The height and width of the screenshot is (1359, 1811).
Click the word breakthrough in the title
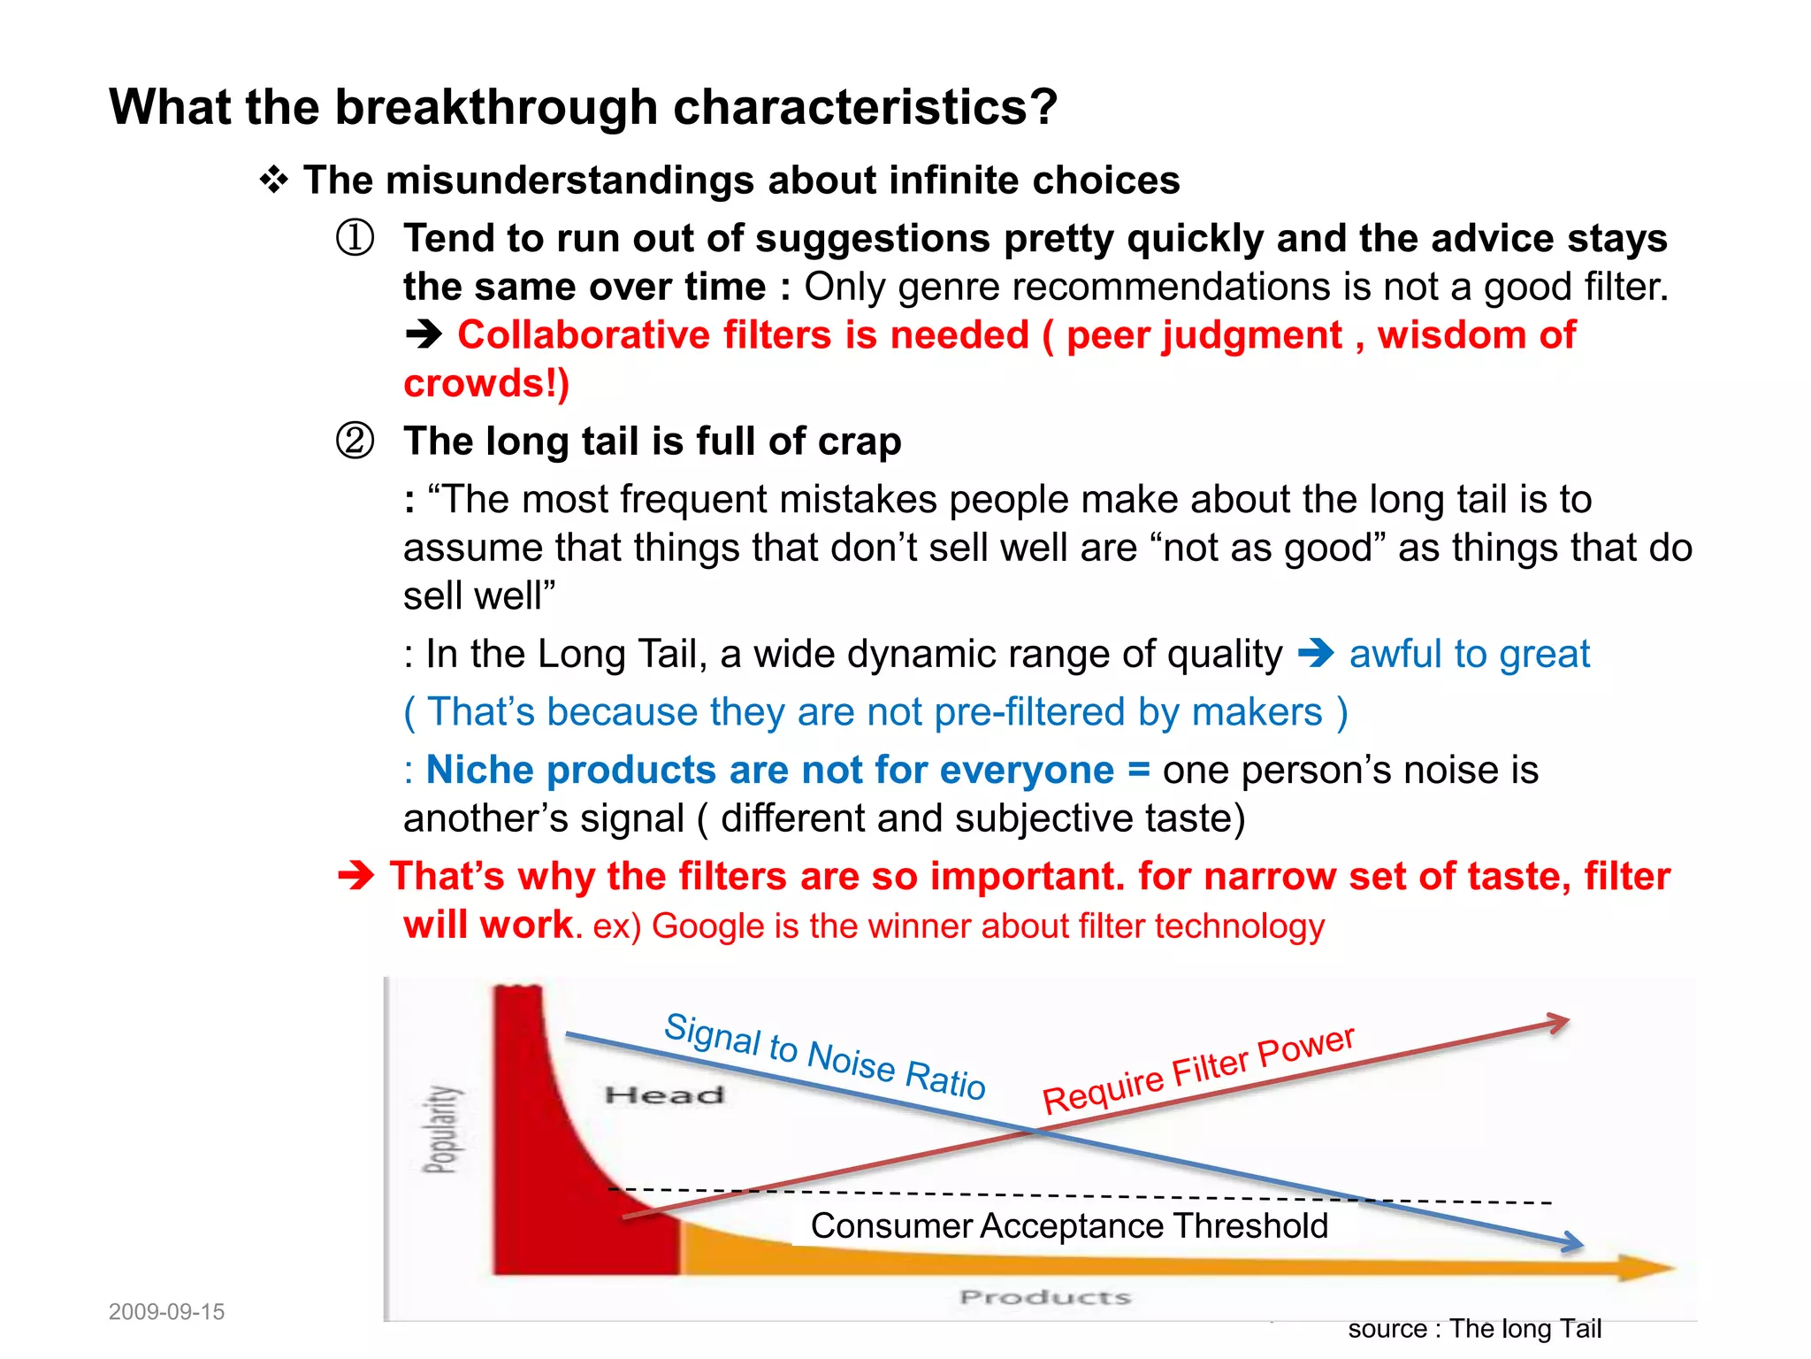pyautogui.click(x=496, y=108)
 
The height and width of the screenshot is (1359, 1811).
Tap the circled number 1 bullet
pyautogui.click(x=355, y=238)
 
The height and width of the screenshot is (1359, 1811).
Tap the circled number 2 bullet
pyautogui.click(x=355, y=441)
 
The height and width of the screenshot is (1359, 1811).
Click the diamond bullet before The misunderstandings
pyautogui.click(x=274, y=180)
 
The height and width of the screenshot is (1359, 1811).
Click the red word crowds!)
pyautogui.click(x=486, y=383)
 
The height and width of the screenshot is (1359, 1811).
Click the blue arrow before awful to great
pyautogui.click(x=1316, y=654)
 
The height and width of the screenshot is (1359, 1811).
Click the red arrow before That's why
pyautogui.click(x=356, y=876)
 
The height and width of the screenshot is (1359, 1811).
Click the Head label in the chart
pyautogui.click(x=664, y=1095)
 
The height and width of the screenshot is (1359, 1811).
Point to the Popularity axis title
pyautogui.click(x=441, y=1129)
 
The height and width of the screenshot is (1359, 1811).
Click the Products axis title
pyautogui.click(x=1045, y=1297)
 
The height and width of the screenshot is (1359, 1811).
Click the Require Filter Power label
pyautogui.click(x=1198, y=1070)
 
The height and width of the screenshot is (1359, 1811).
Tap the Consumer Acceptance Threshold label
pyautogui.click(x=1069, y=1226)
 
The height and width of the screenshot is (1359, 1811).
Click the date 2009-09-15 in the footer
pyautogui.click(x=166, y=1311)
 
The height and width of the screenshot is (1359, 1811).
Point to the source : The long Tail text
pyautogui.click(x=1474, y=1329)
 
